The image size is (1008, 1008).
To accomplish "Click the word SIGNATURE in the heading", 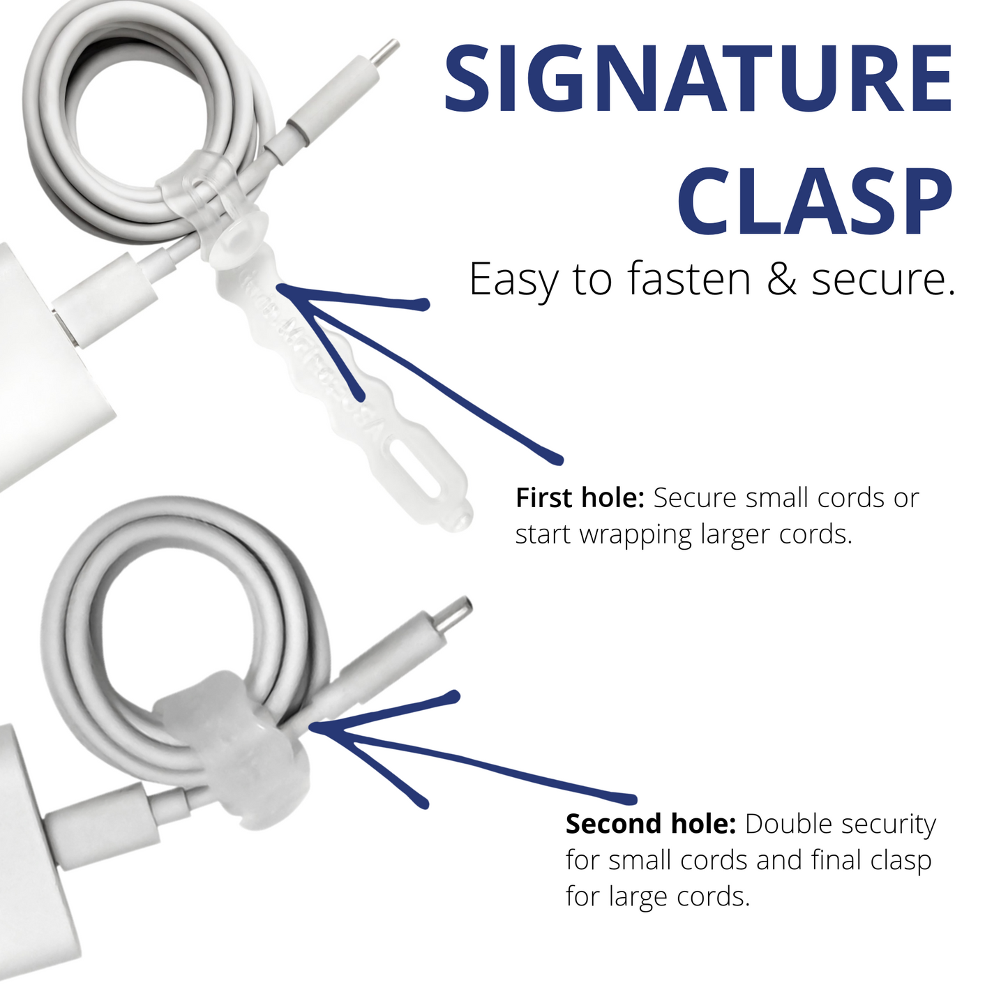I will (698, 79).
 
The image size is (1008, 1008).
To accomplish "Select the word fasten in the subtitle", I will (688, 279).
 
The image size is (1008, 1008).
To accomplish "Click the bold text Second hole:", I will (650, 825).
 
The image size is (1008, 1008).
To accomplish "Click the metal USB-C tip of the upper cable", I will (384, 54).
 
